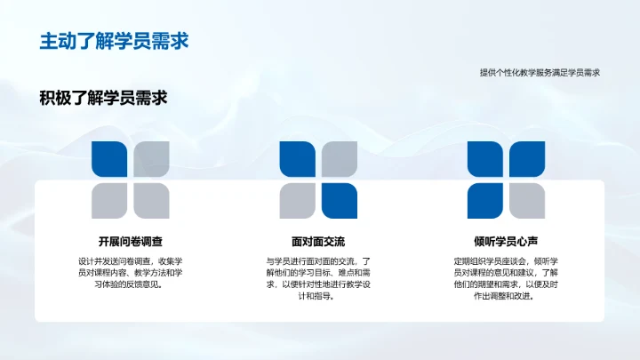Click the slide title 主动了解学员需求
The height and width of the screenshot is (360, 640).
tap(113, 41)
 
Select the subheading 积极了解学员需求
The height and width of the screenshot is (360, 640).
tap(104, 98)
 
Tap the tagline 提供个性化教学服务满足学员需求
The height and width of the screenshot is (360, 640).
tap(540, 73)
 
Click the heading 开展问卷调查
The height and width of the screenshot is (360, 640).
tap(130, 241)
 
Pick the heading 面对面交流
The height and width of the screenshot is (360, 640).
tap(318, 241)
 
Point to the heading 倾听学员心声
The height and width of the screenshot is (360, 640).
tap(506, 241)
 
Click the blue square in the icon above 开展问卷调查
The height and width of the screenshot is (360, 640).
tap(110, 160)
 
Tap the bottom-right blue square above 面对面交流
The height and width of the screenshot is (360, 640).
tap(339, 201)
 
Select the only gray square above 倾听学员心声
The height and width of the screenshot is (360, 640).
tap(526, 201)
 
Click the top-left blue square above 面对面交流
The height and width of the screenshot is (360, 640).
tap(299, 160)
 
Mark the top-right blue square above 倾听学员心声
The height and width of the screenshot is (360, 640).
tap(526, 160)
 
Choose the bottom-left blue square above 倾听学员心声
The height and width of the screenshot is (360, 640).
tap(486, 201)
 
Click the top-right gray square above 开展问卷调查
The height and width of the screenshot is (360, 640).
tap(150, 160)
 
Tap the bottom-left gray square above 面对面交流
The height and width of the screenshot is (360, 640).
tap(299, 201)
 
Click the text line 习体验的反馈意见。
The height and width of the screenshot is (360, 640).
tap(131, 285)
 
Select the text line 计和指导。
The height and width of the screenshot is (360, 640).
tap(318, 297)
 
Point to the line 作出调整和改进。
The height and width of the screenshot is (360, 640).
tap(506, 297)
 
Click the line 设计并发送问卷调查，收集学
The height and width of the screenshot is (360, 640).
tap(131, 260)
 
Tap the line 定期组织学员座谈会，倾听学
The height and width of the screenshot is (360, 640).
tap(506, 260)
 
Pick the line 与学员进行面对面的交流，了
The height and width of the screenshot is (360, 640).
tap(318, 260)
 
